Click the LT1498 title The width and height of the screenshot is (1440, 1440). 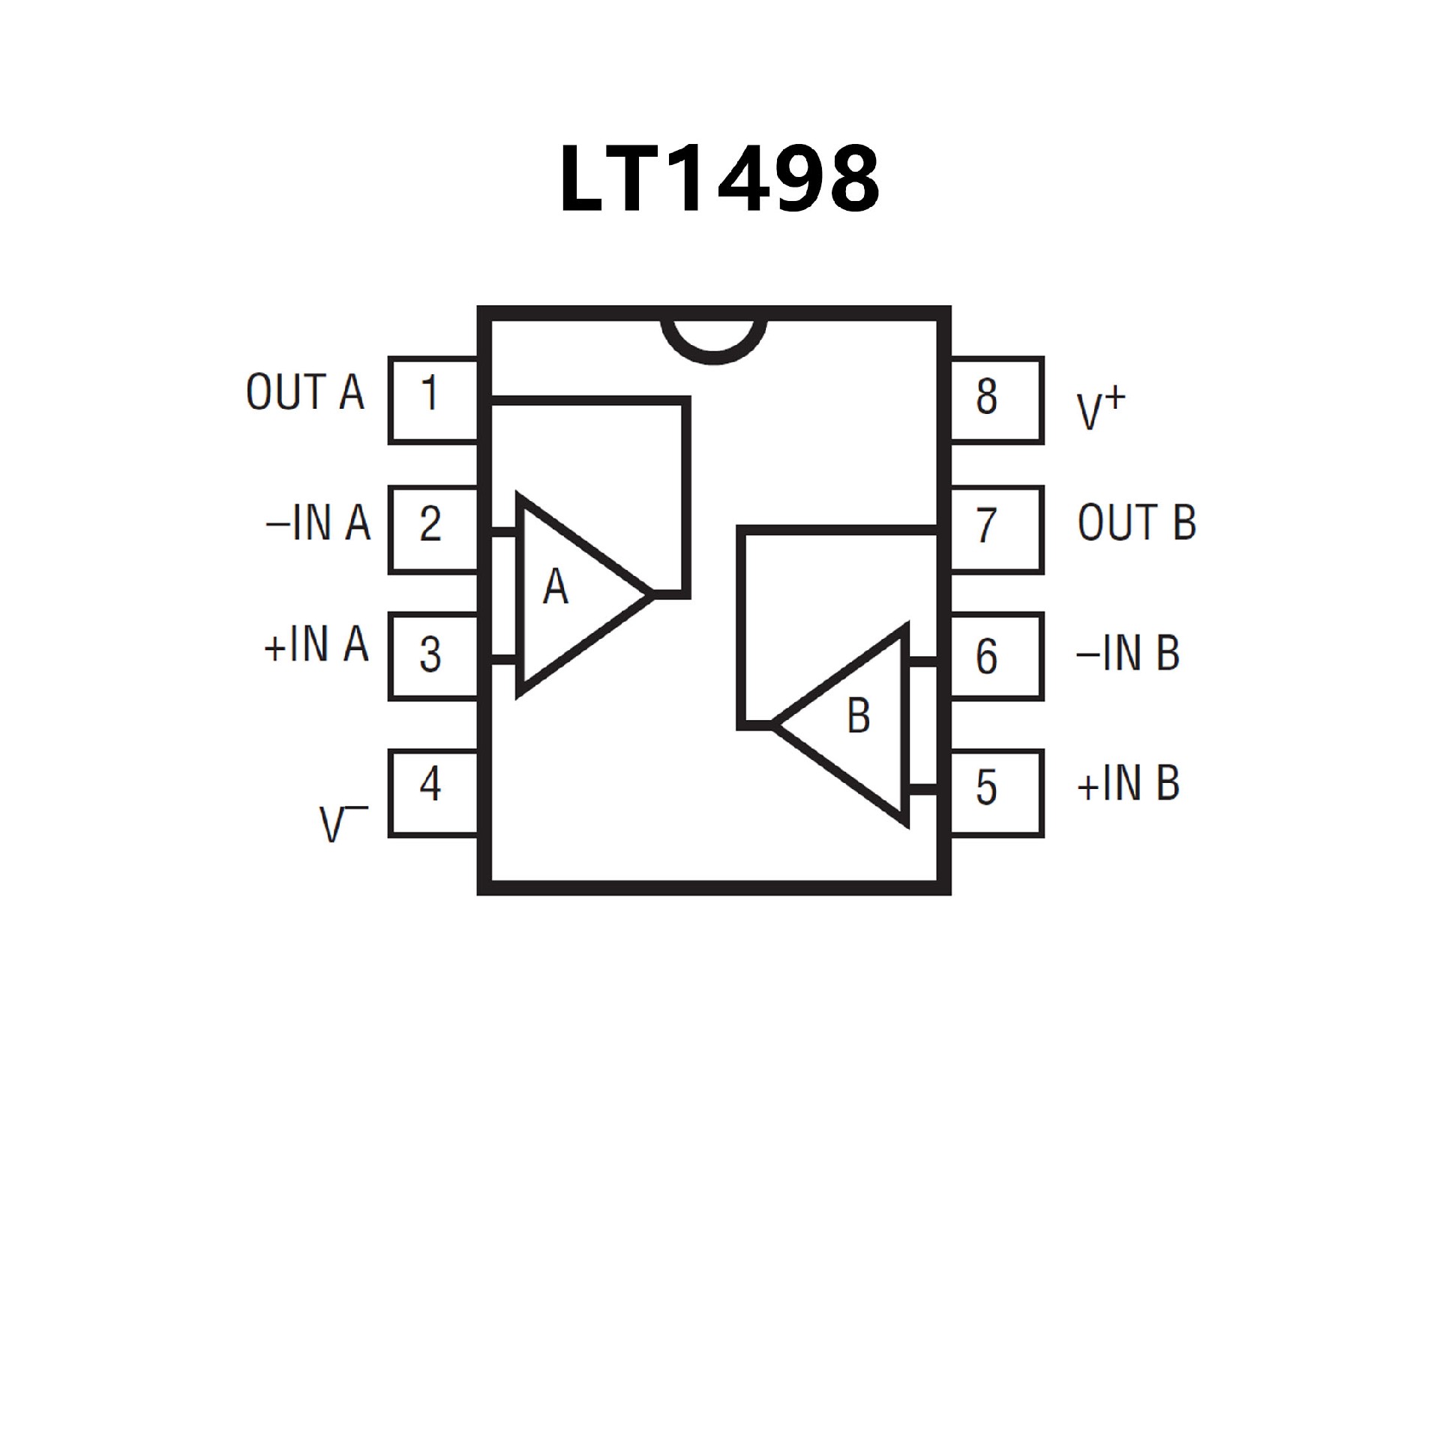tap(718, 179)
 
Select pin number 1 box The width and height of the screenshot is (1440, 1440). tap(433, 400)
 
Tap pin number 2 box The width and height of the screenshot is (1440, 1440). tap(433, 529)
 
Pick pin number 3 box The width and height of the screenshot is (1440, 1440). tap(433, 656)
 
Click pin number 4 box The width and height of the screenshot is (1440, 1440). tap(433, 793)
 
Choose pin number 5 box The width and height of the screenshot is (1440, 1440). tap(997, 793)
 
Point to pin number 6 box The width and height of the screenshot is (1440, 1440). tap(997, 656)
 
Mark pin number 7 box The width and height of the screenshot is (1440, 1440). tap(997, 529)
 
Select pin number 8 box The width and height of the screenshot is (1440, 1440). tap(997, 400)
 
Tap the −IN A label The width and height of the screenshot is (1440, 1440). tap(318, 523)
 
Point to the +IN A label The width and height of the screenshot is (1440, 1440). tap(316, 645)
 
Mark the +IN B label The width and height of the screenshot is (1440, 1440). tap(1128, 783)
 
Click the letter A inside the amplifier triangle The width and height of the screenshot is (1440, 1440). tap(555, 587)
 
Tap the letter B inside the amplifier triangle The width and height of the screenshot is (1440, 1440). tap(858, 715)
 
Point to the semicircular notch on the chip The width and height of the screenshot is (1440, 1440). tap(714, 341)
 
